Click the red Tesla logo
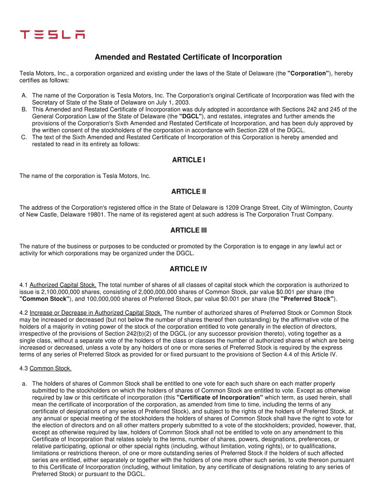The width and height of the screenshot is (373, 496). pyautogui.click(x=52, y=34)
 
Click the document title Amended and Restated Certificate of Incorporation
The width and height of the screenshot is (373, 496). pyautogui.click(x=188, y=57)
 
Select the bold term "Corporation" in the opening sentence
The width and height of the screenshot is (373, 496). pyautogui.click(x=309, y=74)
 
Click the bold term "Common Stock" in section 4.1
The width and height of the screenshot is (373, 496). pyautogui.click(x=45, y=299)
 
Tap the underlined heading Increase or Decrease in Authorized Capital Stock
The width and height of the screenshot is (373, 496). pyautogui.click(x=95, y=312)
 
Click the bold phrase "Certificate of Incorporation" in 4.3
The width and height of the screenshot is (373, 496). pyautogui.click(x=220, y=397)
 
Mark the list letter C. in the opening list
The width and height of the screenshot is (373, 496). pyautogui.click(x=24, y=138)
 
